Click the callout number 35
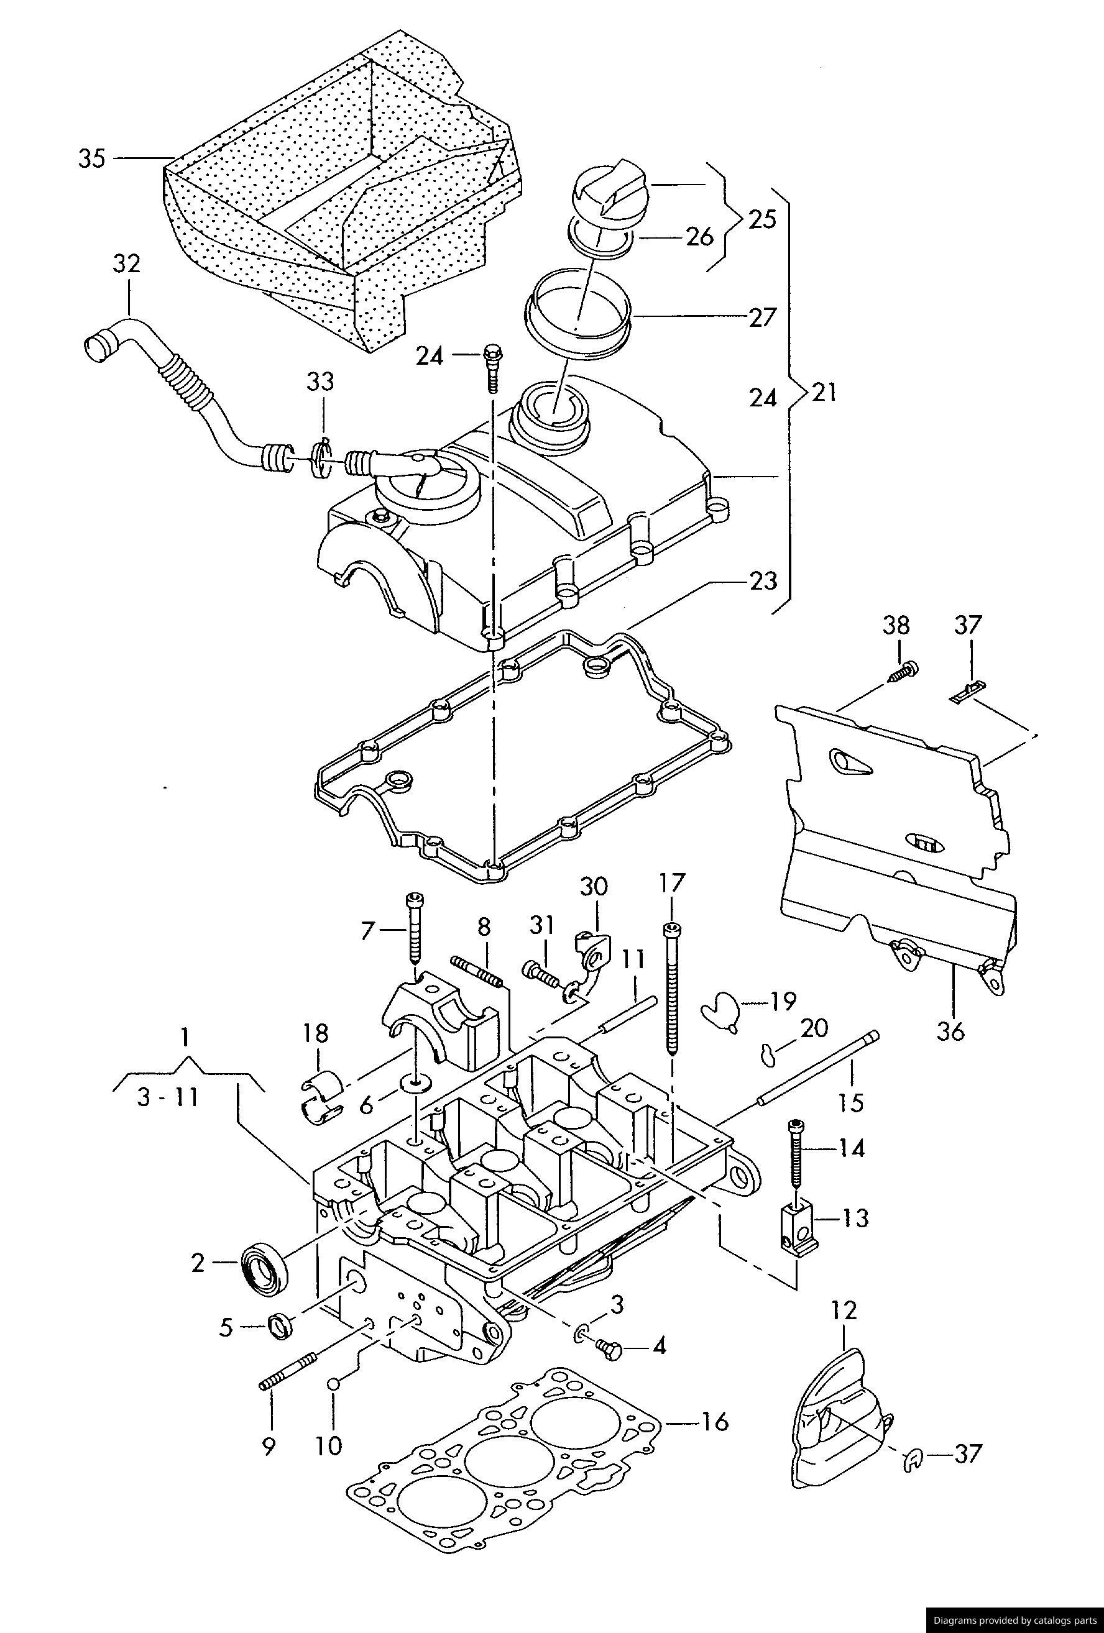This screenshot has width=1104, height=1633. pyautogui.click(x=91, y=159)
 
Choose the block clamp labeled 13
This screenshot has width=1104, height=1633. pyautogui.click(x=797, y=1230)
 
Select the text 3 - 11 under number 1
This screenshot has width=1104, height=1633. pyautogui.click(x=168, y=1097)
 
